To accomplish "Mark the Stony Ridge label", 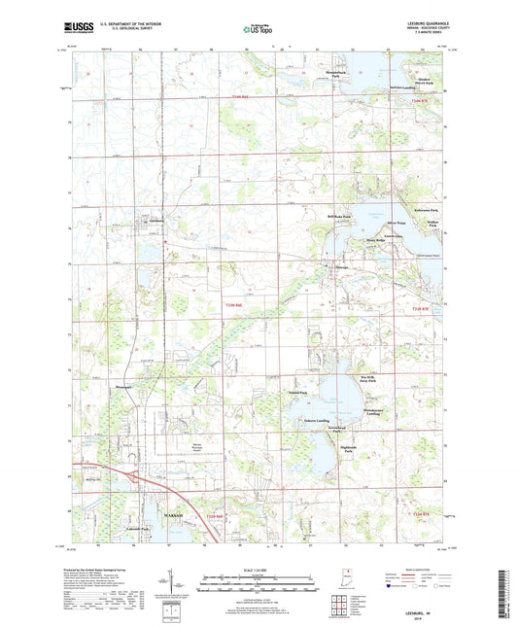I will click(x=375, y=239).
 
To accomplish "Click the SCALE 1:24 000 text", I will click(x=259, y=568).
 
